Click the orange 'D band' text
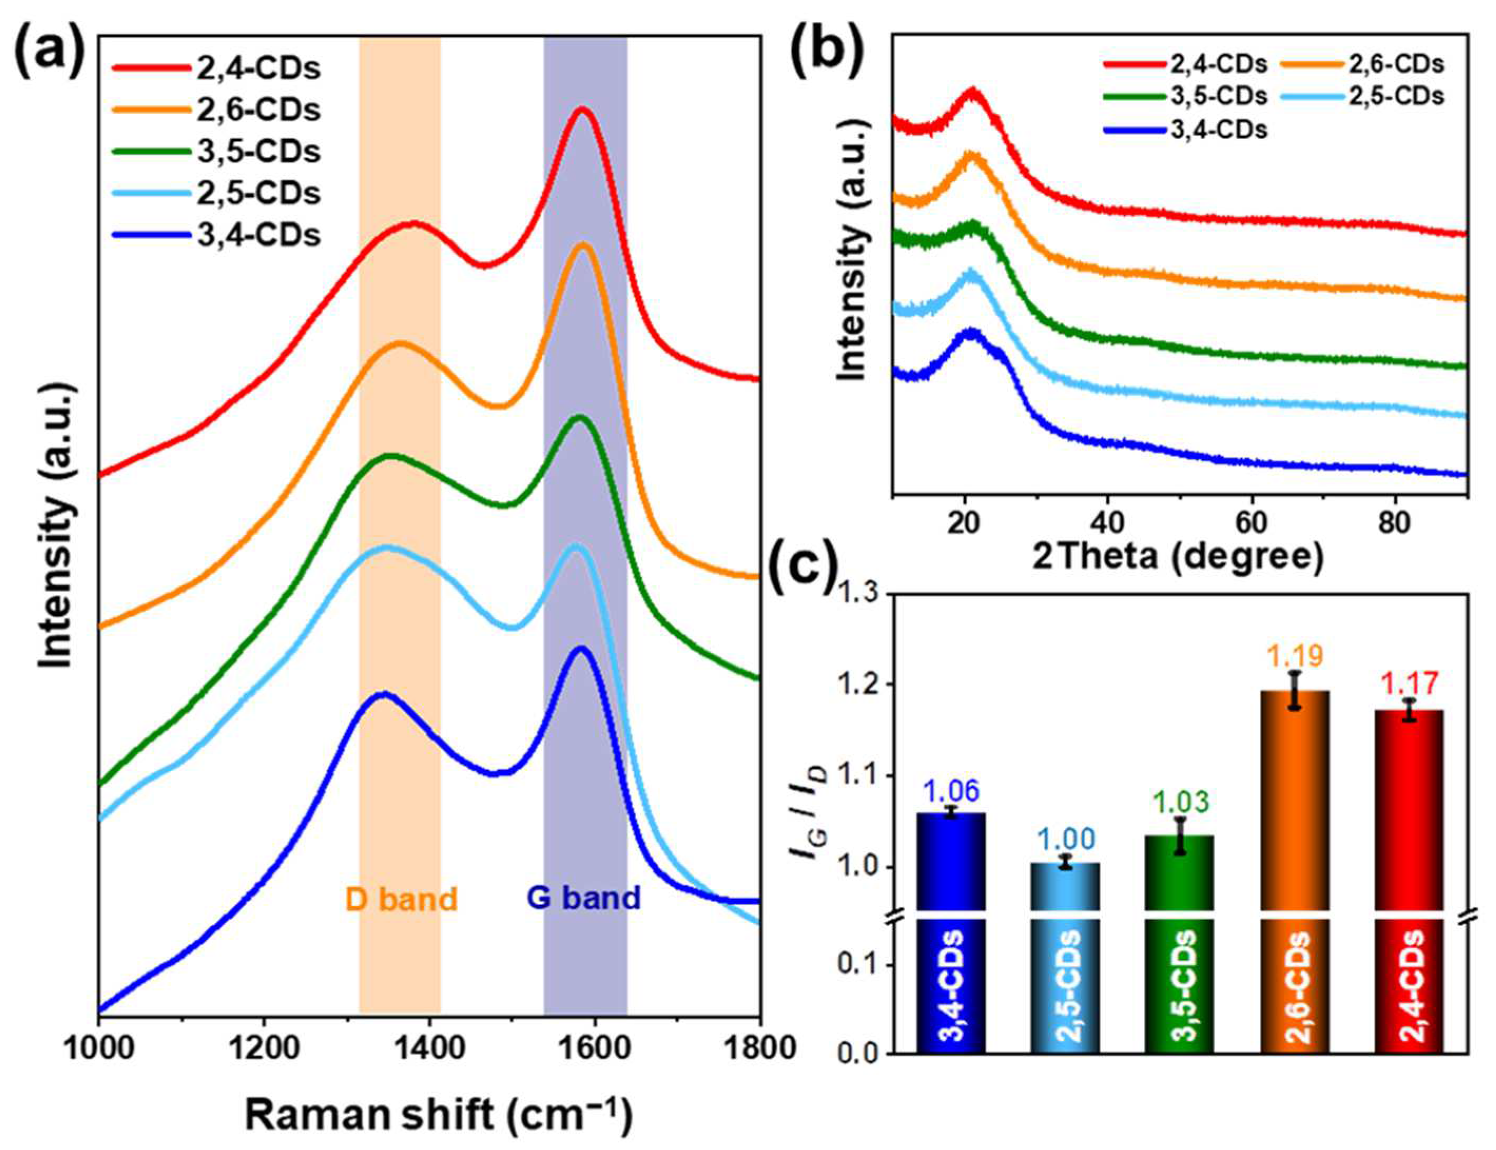click(x=401, y=899)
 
